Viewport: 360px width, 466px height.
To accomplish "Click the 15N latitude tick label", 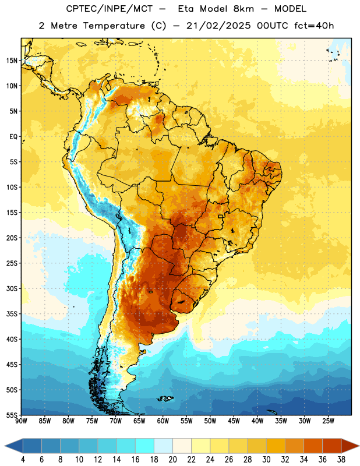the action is point(12,61).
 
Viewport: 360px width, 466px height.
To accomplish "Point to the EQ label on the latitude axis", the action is point(13,137).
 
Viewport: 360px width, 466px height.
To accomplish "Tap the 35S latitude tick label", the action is point(12,314).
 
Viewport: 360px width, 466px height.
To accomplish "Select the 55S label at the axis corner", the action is point(12,415).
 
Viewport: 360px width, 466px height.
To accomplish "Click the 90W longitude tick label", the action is point(21,421).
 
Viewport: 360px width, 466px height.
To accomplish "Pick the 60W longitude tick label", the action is point(163,421).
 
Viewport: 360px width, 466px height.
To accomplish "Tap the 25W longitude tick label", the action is point(329,421).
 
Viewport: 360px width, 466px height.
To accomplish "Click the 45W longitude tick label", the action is point(234,421).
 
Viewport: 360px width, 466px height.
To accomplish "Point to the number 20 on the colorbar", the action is point(172,460).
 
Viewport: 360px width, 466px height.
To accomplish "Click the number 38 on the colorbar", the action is point(341,460).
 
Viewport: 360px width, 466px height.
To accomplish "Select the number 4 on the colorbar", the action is point(23,460).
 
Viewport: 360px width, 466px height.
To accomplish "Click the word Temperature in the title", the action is point(114,26).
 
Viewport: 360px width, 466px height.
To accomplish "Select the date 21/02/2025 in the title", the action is point(219,26).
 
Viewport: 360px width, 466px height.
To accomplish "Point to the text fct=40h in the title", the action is point(314,26).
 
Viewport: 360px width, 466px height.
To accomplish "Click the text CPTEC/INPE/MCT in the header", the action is point(110,9).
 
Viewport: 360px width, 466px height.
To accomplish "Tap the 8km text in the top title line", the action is point(243,9).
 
